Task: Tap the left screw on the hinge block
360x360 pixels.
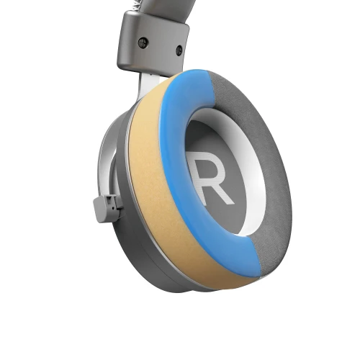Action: point(143,42)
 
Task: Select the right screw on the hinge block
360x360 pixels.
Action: point(179,50)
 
